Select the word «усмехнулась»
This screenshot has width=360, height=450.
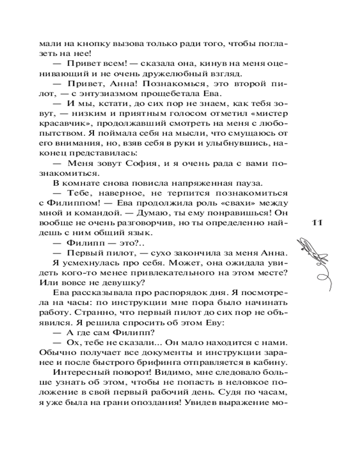[84, 262]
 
